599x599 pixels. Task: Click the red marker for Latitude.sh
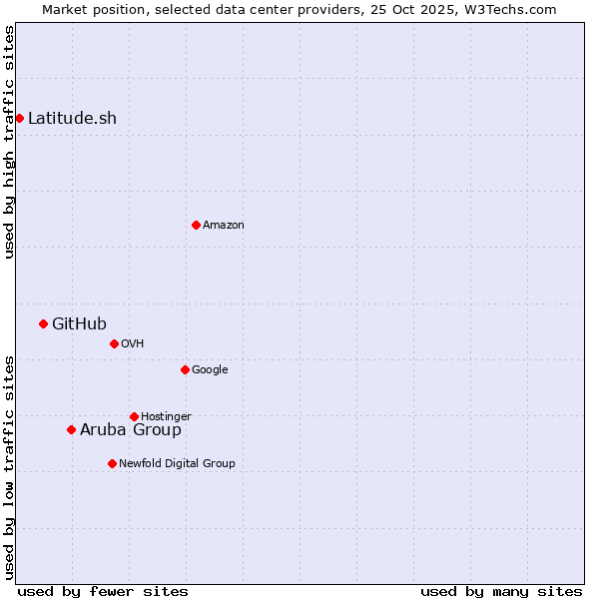pos(19,118)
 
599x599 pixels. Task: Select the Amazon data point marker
pos(196,225)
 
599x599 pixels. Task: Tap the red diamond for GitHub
pos(43,323)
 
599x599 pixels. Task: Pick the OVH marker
pos(114,343)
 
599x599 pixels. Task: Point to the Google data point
pos(185,369)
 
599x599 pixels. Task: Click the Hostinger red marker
pos(134,416)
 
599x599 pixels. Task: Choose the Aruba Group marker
pos(71,429)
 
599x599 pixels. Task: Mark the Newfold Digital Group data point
pos(112,463)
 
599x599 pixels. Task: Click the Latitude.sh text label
pos(72,118)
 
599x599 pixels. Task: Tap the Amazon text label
pos(223,225)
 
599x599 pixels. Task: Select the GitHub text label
pos(79,323)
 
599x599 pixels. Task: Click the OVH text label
pos(133,343)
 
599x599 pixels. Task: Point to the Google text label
pos(210,369)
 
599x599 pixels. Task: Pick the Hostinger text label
pos(166,416)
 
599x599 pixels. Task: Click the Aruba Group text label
pos(131,429)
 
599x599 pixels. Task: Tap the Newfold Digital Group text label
pos(177,463)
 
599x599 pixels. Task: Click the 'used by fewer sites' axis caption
pos(103,591)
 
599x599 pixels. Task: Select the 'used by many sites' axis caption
pos(501,591)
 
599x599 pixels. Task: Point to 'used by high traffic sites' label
pos(9,142)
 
